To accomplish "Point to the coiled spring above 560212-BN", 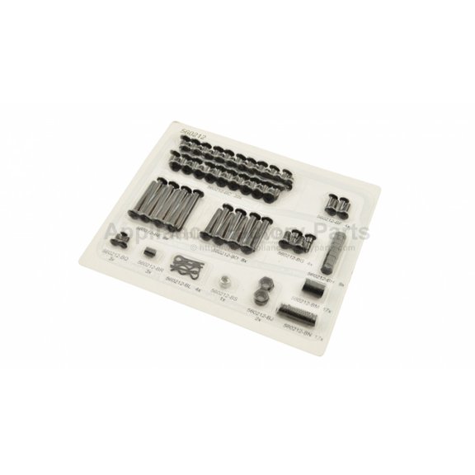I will pos(296,313).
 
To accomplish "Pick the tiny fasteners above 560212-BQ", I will pos(120,241).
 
